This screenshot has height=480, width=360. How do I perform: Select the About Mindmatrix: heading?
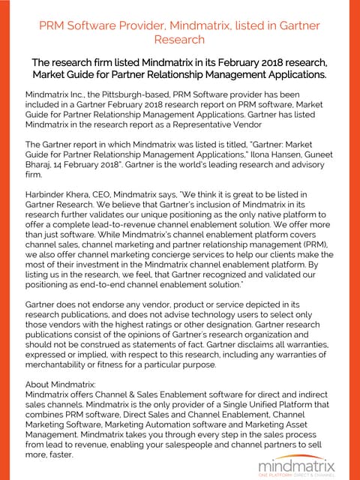pyautogui.click(x=60, y=383)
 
